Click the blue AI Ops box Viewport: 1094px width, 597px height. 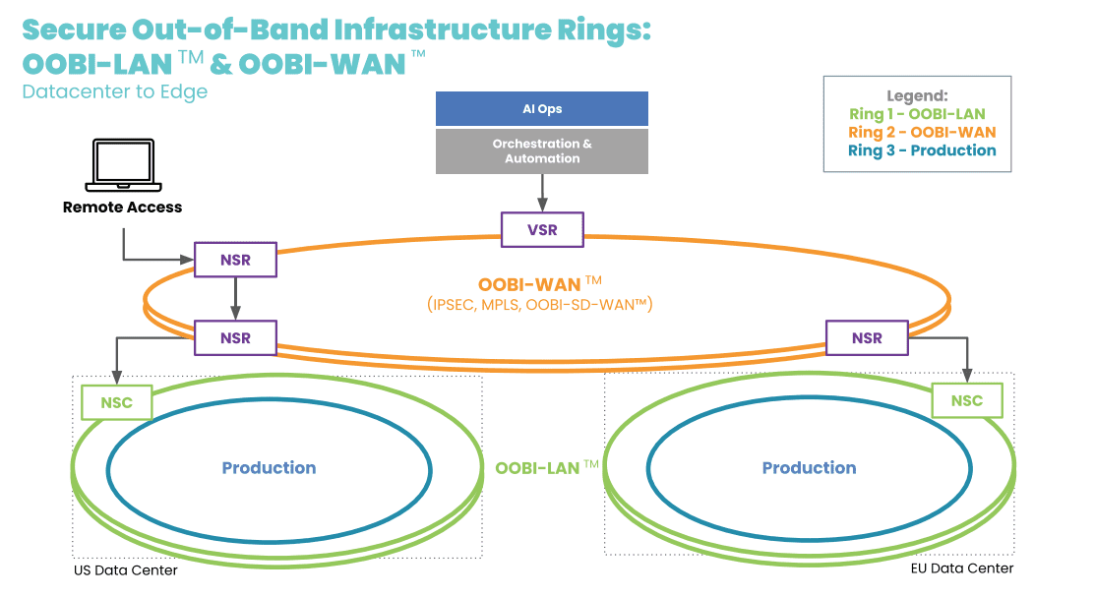click(542, 108)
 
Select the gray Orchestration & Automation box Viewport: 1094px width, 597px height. click(542, 150)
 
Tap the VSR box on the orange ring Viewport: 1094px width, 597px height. click(542, 230)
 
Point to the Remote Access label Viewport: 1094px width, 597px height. click(123, 208)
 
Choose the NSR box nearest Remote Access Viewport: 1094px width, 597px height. click(235, 260)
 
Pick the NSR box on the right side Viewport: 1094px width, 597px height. click(867, 337)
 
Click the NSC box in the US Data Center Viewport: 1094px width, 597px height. click(116, 402)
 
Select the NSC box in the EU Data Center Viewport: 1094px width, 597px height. click(966, 400)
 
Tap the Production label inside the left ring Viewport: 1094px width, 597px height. click(269, 468)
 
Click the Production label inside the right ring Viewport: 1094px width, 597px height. click(809, 468)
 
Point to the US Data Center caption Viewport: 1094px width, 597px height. click(126, 570)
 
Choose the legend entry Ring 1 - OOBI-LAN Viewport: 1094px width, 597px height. click(917, 114)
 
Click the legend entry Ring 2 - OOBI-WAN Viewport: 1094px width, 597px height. click(922, 132)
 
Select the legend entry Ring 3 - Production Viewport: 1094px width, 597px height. click(922, 150)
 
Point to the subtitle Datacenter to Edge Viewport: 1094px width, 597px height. click(115, 91)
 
